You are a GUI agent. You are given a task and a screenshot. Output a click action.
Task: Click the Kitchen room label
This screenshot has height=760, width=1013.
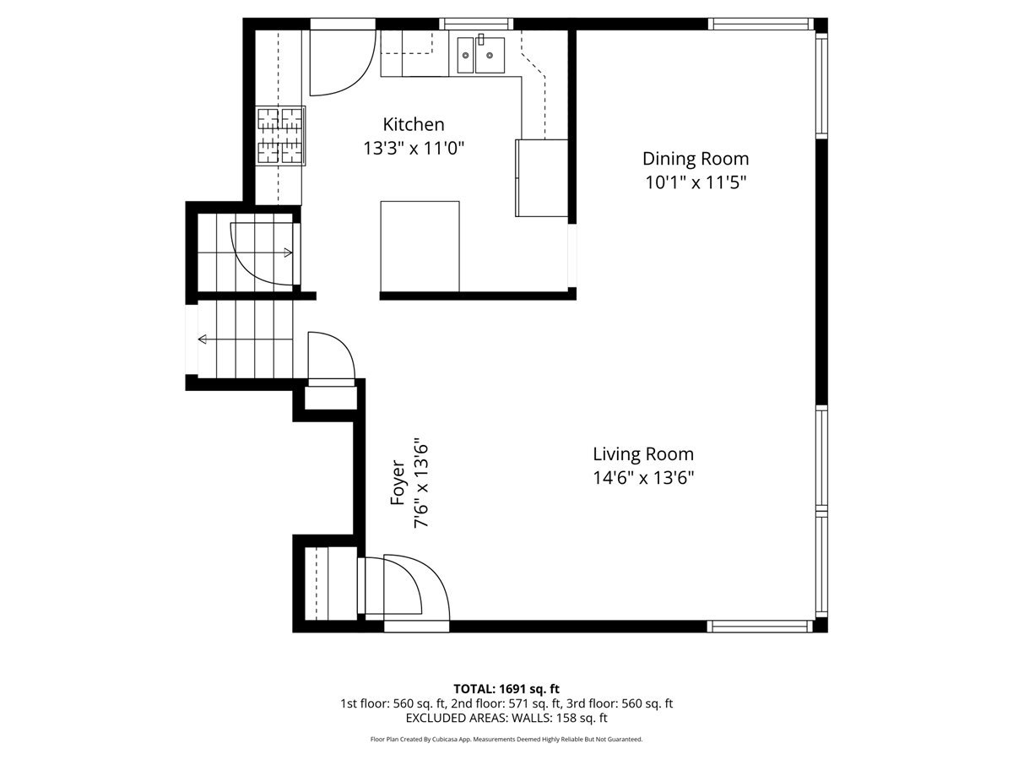pos(413,125)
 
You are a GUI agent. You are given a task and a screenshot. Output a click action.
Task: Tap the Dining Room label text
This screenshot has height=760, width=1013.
pos(695,160)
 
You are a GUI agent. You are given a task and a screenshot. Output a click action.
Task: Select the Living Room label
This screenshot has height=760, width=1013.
pos(643,454)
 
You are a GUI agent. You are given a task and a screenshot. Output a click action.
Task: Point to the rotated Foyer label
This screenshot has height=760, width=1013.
pos(398,482)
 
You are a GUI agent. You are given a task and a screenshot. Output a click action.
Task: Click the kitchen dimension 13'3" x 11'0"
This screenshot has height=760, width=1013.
pos(414,149)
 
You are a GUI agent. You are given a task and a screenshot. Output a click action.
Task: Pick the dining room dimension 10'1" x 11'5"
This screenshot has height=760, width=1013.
pos(695,182)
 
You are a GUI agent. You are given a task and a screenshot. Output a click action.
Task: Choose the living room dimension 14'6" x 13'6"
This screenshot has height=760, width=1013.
pos(643,478)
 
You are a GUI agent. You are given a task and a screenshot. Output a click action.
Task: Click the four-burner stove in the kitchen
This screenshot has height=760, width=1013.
pos(280,136)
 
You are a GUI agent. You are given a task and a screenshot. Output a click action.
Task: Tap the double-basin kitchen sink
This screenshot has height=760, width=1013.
pos(481,56)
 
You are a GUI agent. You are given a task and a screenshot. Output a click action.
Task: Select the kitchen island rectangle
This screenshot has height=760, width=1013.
pos(420,247)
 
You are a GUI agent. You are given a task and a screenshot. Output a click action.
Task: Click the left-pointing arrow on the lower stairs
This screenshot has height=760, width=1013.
pos(245,339)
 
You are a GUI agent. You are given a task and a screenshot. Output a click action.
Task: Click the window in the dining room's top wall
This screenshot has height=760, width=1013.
pos(761,24)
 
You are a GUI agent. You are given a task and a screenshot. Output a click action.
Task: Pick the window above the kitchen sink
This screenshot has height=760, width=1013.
pos(476,24)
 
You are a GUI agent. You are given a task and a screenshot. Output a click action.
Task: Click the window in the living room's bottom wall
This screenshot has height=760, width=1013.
pos(760,627)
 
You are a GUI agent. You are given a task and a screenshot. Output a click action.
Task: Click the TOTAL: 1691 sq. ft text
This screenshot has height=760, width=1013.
pos(506,689)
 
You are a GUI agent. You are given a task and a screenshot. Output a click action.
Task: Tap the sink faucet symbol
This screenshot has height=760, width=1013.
pos(480,39)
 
